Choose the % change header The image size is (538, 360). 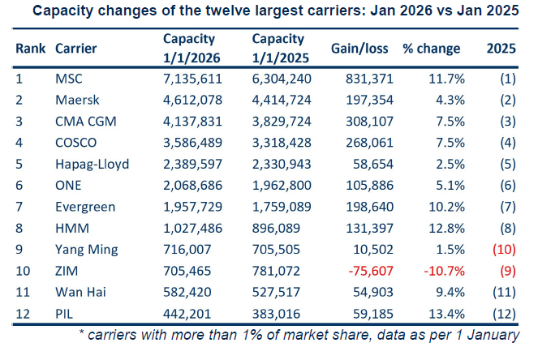tap(432, 48)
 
